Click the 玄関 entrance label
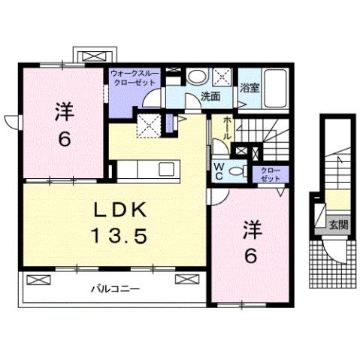(x=338, y=224)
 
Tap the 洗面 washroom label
(x=210, y=96)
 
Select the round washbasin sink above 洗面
(x=198, y=77)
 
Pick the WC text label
(x=219, y=171)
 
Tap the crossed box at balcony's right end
(x=185, y=280)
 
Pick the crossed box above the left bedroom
(x=94, y=56)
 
